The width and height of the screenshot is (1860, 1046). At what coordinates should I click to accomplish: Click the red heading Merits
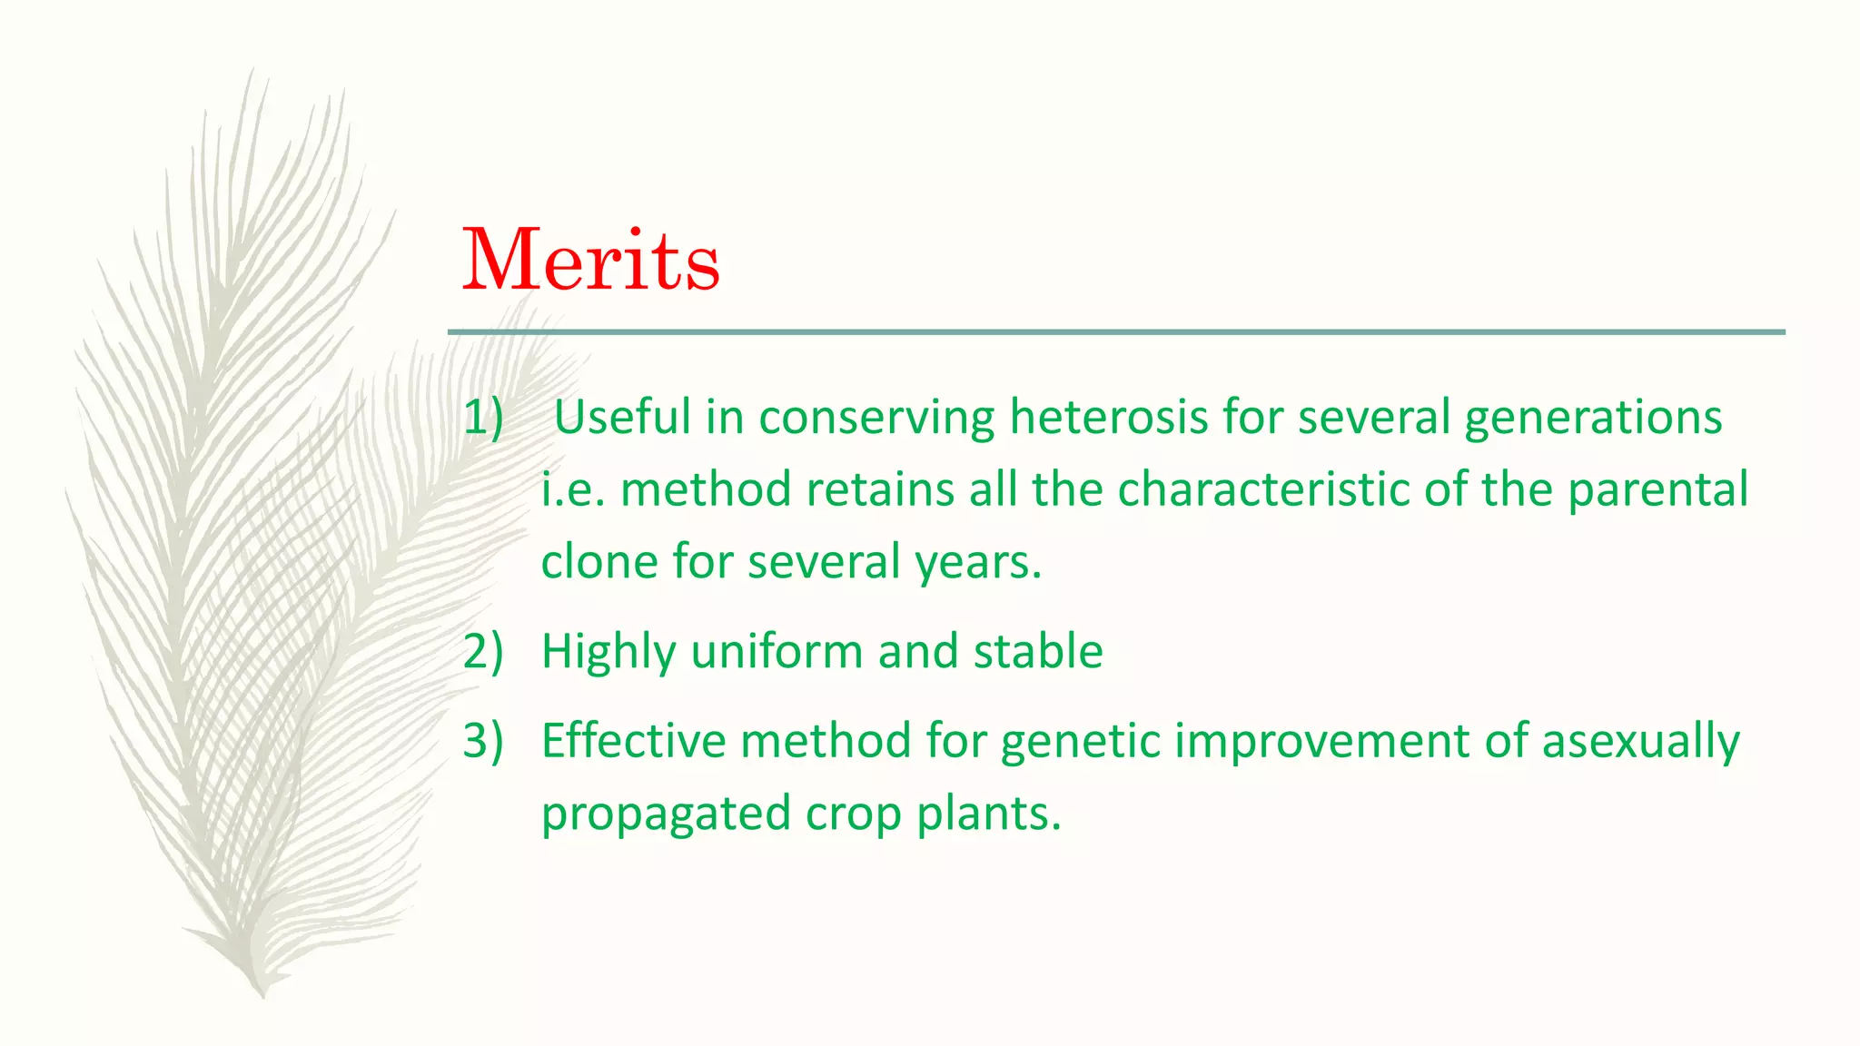click(x=591, y=261)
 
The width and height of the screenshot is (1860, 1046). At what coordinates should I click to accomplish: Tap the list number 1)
click(x=482, y=417)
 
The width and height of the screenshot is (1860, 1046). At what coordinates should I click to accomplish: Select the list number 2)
click(x=482, y=651)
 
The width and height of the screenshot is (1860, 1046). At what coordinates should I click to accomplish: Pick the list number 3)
click(x=482, y=740)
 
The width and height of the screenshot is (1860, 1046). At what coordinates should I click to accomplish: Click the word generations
click(x=1593, y=417)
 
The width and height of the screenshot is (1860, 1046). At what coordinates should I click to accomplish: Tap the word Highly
click(x=608, y=651)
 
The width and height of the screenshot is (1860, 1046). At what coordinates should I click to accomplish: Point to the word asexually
click(x=1640, y=740)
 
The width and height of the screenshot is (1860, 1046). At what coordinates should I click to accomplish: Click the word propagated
click(x=666, y=813)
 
